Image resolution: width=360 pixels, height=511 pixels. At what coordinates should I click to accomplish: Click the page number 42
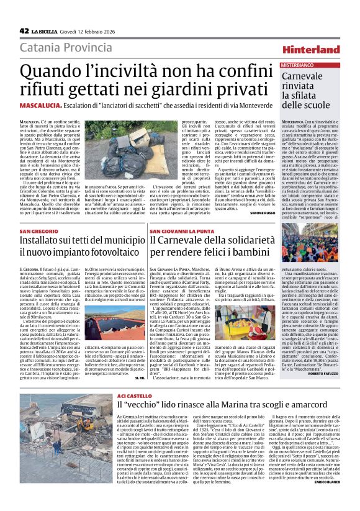click(x=24, y=30)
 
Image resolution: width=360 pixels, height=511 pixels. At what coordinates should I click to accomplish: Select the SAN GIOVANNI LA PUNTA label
click(x=180, y=232)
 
